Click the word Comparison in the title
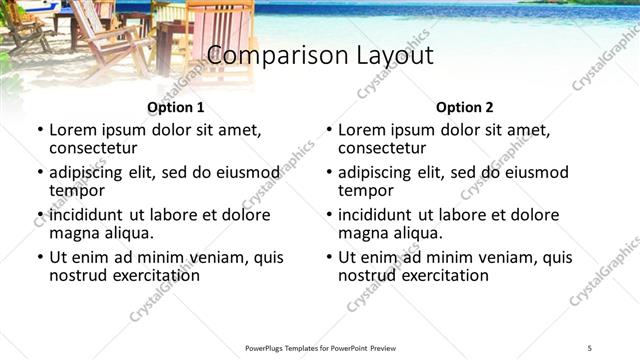(x=268, y=55)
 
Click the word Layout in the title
(x=387, y=55)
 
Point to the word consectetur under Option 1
(x=93, y=148)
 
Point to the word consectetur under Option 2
(x=382, y=148)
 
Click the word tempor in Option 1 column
(x=77, y=190)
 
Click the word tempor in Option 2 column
(x=366, y=190)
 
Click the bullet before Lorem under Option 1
(x=39, y=131)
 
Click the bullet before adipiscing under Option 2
(x=328, y=173)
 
